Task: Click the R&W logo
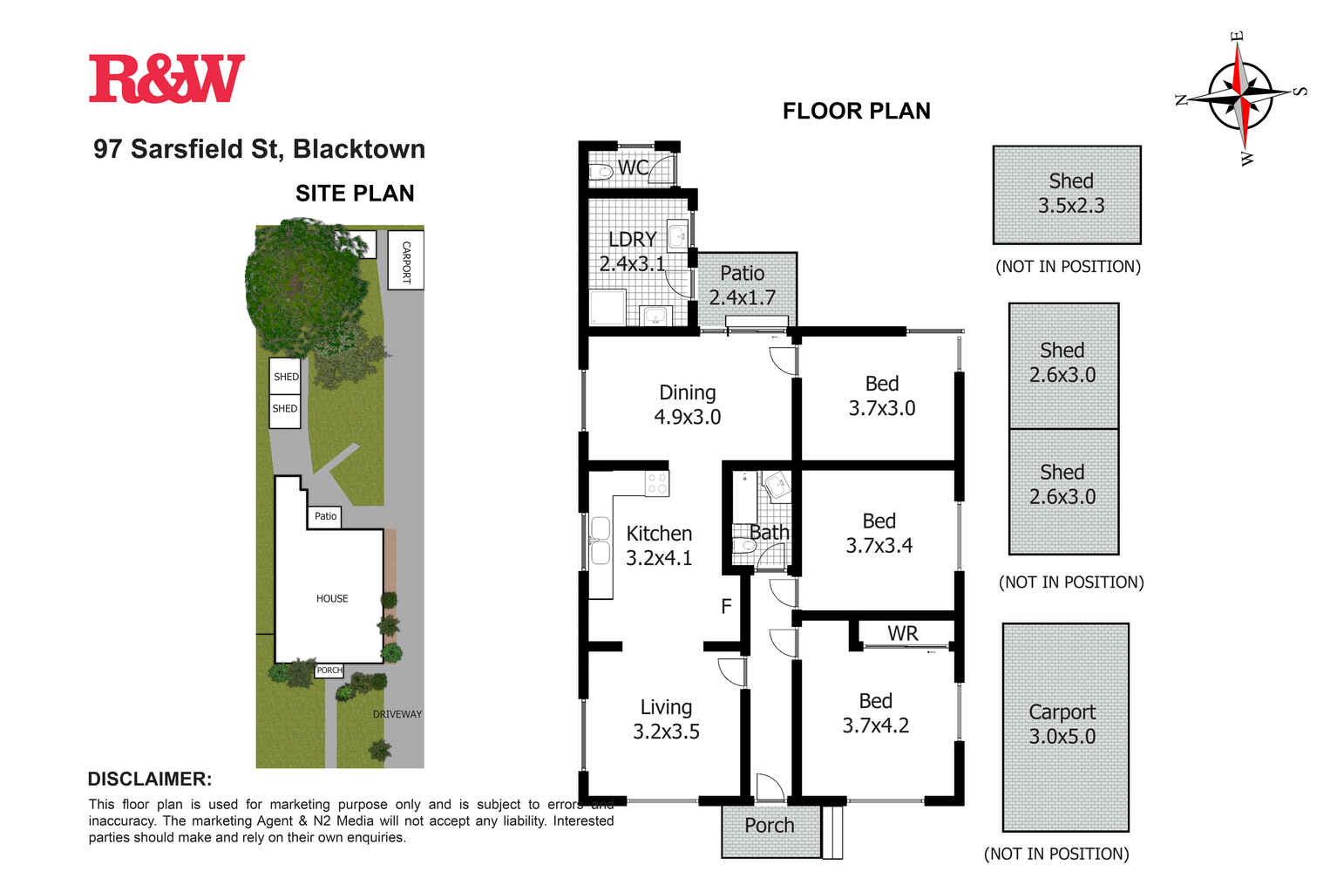166,78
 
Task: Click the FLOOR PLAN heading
856,111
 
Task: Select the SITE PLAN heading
355,194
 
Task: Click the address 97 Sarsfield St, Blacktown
259,149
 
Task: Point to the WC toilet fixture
601,172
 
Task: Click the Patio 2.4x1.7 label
742,285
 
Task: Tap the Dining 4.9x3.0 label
687,405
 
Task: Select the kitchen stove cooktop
656,483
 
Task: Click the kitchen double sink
600,541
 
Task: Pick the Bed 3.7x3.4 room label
879,533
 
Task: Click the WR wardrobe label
902,634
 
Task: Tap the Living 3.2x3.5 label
666,719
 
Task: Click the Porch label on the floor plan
769,825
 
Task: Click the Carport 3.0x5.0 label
1062,724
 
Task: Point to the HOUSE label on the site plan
332,598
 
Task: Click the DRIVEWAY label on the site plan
397,714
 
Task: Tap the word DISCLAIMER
149,780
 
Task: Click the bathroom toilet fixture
743,547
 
